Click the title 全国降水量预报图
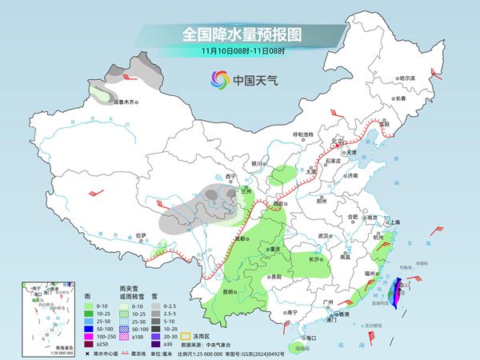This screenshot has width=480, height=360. point(239,34)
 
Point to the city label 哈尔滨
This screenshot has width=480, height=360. point(408,78)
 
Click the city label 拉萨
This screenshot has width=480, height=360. point(141,235)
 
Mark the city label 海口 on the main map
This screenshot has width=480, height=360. point(302,339)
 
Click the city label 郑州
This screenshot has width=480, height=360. point(323,203)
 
